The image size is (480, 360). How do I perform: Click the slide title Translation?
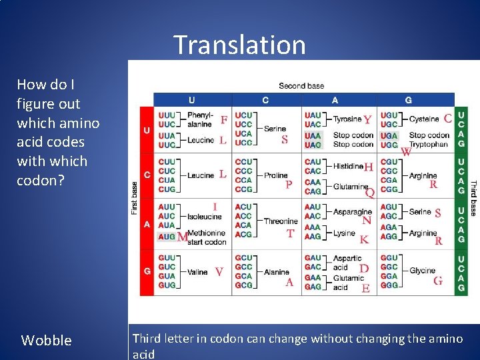point(239,45)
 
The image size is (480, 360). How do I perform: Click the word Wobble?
point(46,340)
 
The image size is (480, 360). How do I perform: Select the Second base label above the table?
point(301,85)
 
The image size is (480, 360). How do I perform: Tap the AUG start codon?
point(166,237)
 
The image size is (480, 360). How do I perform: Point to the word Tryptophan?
point(428,144)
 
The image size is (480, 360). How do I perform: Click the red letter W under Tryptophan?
point(405,152)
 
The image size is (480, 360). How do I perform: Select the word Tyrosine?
point(347,119)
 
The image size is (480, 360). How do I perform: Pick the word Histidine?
point(348,166)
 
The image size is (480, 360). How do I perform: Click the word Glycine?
point(422,271)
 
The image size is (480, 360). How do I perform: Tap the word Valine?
point(198,272)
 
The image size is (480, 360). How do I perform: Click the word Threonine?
point(280,221)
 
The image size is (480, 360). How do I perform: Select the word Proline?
point(275,175)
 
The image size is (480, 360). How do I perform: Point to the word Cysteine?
point(423,119)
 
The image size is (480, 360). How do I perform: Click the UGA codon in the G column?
point(388,135)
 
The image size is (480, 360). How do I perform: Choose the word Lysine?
point(344,233)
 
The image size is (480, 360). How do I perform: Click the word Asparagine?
point(352,212)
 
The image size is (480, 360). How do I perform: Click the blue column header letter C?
point(265,100)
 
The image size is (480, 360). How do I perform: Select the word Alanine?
point(276,272)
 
